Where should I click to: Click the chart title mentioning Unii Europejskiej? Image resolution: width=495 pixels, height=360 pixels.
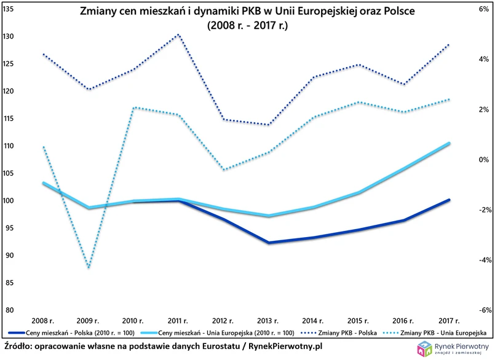click(246, 12)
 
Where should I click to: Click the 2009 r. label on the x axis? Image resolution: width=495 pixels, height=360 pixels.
click(89, 321)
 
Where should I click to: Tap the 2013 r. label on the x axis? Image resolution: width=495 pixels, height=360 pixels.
click(268, 321)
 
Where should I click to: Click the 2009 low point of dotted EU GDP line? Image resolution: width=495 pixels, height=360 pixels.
click(89, 267)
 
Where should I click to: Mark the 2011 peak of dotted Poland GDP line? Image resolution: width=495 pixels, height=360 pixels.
click(179, 34)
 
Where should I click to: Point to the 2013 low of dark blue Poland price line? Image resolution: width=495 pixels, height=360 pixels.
click(268, 243)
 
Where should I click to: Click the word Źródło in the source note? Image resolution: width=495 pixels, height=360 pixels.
click(19, 347)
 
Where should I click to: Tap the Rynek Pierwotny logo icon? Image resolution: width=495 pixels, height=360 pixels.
click(424, 349)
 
